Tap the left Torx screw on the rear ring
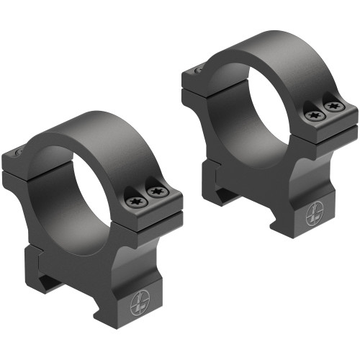click(312, 114)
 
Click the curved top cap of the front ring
click(108, 133)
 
